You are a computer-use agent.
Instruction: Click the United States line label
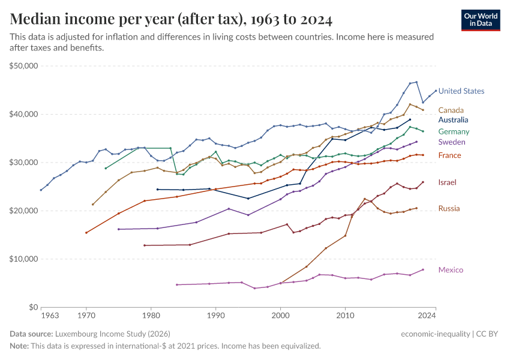(461, 91)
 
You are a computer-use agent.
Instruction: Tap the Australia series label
(453, 120)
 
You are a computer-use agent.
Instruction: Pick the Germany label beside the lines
(454, 131)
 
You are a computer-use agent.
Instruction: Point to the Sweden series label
(451, 142)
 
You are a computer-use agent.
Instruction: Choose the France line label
(449, 155)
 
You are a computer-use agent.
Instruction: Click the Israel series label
(448, 182)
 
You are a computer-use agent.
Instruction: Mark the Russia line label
(449, 208)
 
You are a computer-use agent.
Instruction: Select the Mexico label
(451, 270)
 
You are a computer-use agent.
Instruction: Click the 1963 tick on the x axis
(50, 315)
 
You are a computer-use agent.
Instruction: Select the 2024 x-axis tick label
(427, 315)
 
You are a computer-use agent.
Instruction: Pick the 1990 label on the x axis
(215, 315)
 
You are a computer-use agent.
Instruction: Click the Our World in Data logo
(480, 20)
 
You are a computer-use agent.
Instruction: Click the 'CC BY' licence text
(490, 334)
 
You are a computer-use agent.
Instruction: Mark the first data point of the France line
(86, 232)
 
